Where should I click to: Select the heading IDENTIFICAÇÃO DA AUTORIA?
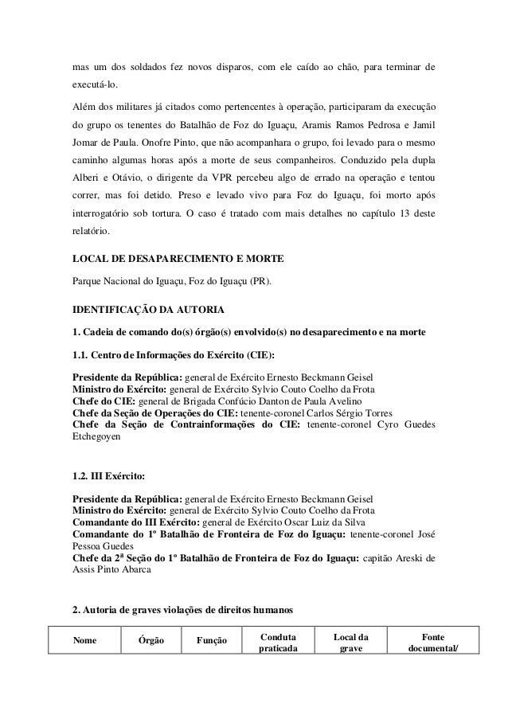[x=147, y=308]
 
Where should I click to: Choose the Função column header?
[x=211, y=641]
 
